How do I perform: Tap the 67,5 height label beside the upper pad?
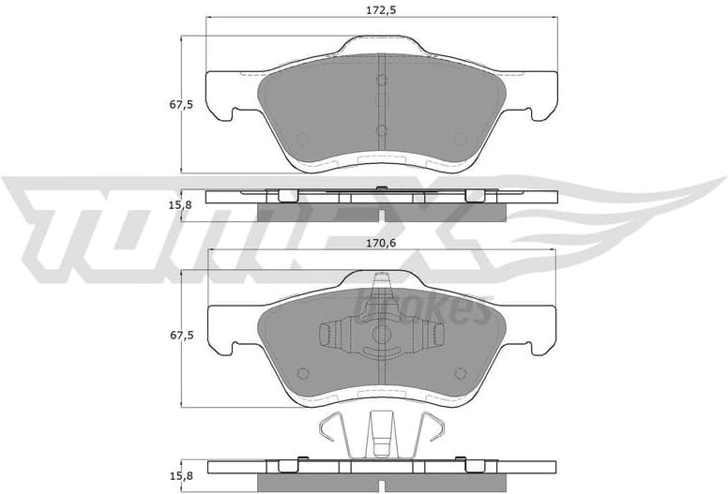pos(181,104)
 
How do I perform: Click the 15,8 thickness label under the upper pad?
pos(181,204)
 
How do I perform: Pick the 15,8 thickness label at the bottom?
pos(181,475)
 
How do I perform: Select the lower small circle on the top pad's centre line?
pos(381,130)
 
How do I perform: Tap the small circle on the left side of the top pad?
pos(302,139)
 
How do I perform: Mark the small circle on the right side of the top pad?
pos(460,139)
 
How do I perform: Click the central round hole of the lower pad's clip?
pos(381,334)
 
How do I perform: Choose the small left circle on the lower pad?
pos(302,371)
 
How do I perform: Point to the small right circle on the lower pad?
pos(460,371)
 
